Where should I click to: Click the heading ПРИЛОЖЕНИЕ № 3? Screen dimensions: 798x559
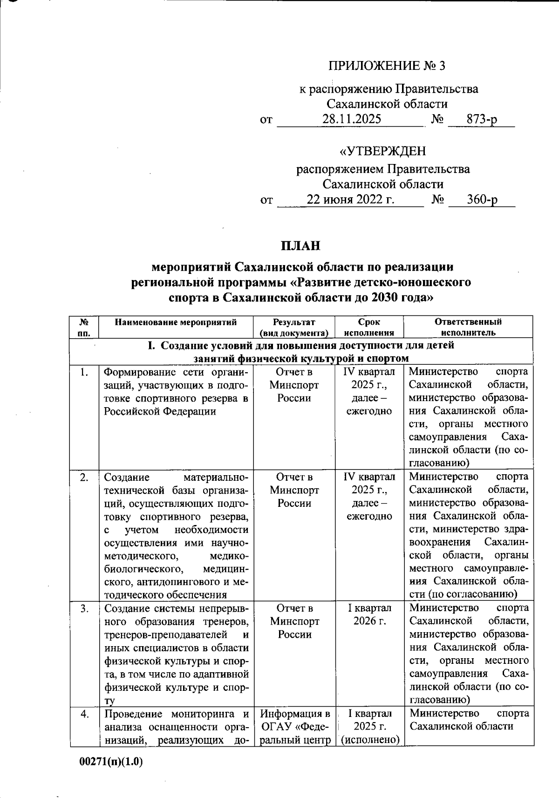point(387,66)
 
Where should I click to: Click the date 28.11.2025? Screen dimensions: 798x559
point(352,119)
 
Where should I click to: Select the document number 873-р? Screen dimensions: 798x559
point(482,120)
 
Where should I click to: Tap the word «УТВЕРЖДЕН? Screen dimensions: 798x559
point(382,151)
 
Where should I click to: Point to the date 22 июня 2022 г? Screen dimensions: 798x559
point(350,200)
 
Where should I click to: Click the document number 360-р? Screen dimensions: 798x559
point(482,200)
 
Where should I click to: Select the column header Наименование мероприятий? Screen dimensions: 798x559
point(176,322)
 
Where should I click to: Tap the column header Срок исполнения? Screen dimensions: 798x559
point(369,327)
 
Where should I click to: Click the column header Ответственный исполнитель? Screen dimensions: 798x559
point(468,327)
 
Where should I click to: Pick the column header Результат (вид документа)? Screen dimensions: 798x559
point(294,327)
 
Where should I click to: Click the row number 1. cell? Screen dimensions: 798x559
point(84,372)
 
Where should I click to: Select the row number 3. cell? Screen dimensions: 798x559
point(84,608)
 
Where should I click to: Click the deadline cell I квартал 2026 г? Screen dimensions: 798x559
point(369,614)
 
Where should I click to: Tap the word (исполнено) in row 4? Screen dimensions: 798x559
point(370,739)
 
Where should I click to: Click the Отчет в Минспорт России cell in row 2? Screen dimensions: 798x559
point(294,490)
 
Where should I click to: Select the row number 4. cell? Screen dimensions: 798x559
point(84,714)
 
